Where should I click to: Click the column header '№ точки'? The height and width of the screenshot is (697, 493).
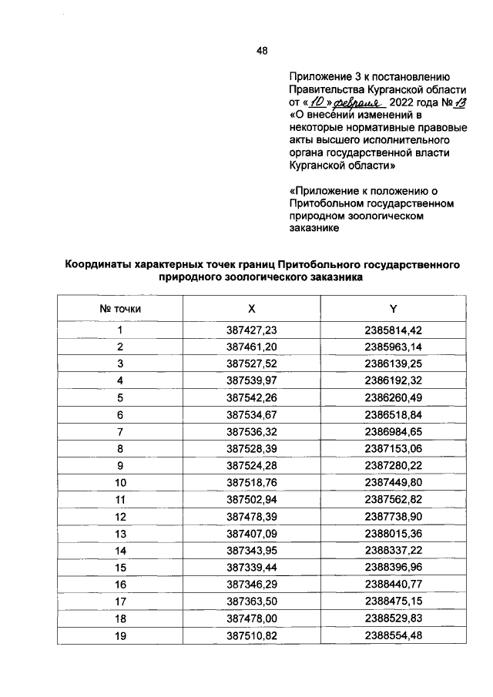click(x=120, y=309)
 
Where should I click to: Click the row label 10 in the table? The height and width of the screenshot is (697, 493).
click(x=120, y=483)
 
